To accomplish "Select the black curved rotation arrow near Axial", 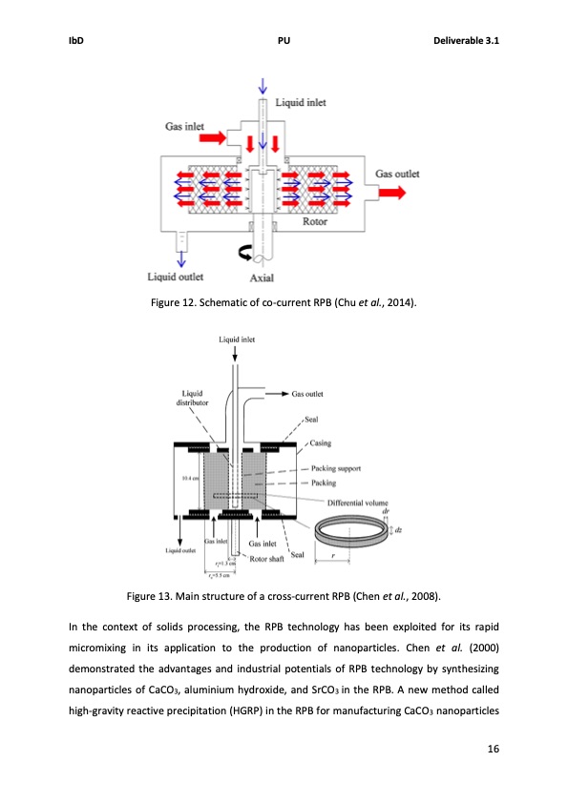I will pyautogui.click(x=246, y=253).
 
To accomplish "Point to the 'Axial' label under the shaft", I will pyautogui.click(x=262, y=278).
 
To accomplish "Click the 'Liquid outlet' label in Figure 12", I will pyautogui.click(x=179, y=277).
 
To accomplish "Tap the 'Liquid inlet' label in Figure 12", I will pyautogui.click(x=302, y=101).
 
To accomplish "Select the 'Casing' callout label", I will pyautogui.click(x=322, y=443).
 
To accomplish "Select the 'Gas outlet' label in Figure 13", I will pyautogui.click(x=313, y=393).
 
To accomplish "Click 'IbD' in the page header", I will pyautogui.click(x=77, y=41).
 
